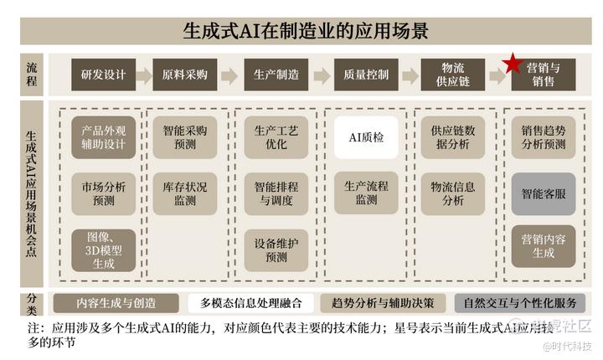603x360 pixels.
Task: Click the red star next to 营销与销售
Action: click(x=512, y=64)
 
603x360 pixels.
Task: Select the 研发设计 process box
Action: click(x=104, y=75)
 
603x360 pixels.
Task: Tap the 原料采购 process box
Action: click(x=185, y=75)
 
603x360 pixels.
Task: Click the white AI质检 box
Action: click(x=366, y=137)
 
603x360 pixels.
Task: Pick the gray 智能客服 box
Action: click(x=544, y=194)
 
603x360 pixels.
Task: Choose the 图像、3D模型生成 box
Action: click(x=104, y=250)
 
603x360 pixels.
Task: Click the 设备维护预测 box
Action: click(x=276, y=250)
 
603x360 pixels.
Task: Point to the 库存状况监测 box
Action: click(x=185, y=194)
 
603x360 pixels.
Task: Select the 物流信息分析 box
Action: click(x=453, y=194)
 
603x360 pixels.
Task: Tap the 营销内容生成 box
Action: click(x=544, y=246)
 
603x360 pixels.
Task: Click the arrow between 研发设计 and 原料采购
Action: click(x=144, y=75)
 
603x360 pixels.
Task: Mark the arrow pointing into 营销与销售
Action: click(x=497, y=76)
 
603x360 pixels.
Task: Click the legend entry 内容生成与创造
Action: click(x=116, y=303)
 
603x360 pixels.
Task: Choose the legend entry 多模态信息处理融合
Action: click(x=250, y=303)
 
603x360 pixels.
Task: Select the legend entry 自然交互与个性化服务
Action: click(x=520, y=303)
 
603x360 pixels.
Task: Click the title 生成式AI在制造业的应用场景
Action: click(x=306, y=31)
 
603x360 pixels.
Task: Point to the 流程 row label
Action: click(x=32, y=75)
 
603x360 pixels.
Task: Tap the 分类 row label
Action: click(x=32, y=303)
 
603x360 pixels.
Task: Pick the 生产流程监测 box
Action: click(x=366, y=193)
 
